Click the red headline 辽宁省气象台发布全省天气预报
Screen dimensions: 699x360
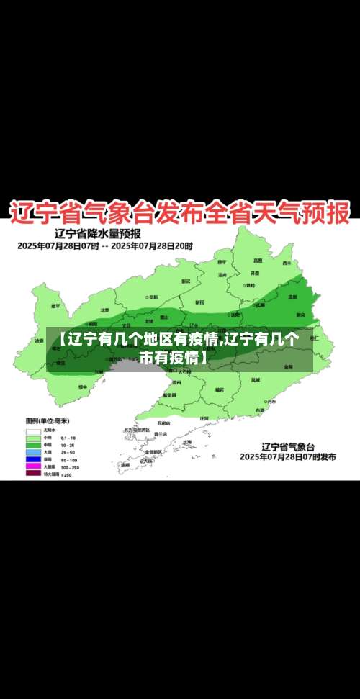point(180,212)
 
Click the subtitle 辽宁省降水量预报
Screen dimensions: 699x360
point(98,233)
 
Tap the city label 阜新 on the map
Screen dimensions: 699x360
point(154,296)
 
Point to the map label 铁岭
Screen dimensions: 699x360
point(250,285)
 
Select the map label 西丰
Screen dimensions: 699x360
point(287,263)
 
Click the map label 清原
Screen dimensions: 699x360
point(292,297)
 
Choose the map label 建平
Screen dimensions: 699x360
point(55,306)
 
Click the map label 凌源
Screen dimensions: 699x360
point(39,341)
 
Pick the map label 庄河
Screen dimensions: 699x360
point(204,418)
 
